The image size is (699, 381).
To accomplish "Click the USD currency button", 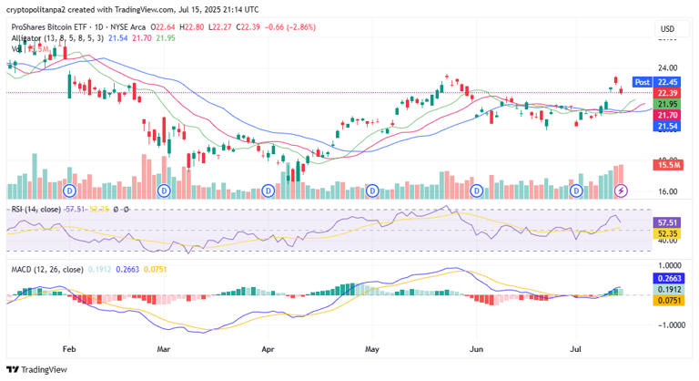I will (667, 29).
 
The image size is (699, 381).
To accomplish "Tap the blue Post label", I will (642, 82).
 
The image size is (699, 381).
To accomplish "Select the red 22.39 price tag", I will (669, 93).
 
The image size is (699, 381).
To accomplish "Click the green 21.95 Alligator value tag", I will (669, 104).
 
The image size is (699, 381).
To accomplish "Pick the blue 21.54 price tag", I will (669, 126).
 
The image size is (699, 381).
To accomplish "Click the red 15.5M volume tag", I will (669, 164).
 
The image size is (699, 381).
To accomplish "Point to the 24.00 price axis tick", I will (668, 68).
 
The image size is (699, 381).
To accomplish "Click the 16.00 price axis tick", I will (668, 191).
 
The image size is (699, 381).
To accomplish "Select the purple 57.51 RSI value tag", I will (669, 222).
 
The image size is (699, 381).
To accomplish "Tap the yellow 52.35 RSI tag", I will (669, 232).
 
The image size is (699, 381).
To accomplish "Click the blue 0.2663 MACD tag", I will (670, 279).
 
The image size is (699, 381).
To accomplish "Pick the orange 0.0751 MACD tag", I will (670, 300).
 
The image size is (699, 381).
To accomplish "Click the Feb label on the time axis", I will (69, 348).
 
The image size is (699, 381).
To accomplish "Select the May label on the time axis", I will (372, 348).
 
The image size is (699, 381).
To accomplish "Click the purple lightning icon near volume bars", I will (622, 190).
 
